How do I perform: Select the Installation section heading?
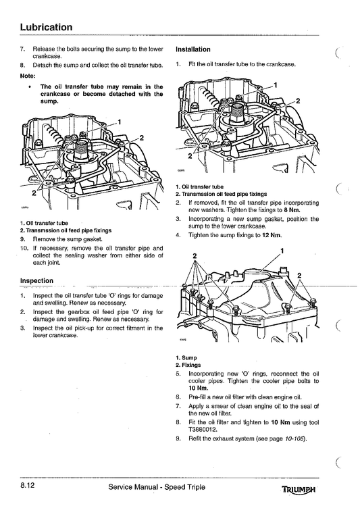[x=192, y=50]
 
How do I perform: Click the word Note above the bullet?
[x=28, y=76]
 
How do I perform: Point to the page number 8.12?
[x=29, y=486]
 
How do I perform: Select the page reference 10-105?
[x=293, y=438]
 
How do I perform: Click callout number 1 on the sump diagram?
[x=282, y=250]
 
